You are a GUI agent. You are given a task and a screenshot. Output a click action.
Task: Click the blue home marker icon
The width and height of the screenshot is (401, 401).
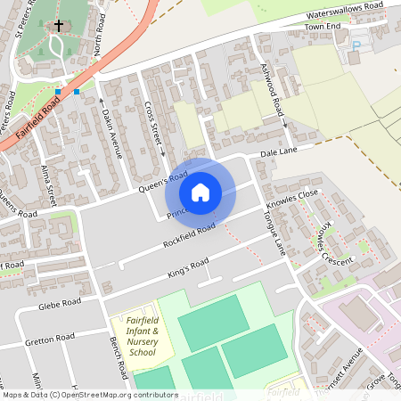[200, 192]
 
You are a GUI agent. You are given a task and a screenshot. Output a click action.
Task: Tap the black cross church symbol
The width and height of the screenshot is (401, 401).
[60, 27]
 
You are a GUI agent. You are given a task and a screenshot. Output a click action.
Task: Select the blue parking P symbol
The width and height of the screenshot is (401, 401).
[358, 45]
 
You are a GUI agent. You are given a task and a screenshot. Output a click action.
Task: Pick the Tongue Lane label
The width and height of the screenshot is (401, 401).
[273, 228]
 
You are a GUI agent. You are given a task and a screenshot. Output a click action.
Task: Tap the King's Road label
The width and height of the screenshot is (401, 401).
[188, 268]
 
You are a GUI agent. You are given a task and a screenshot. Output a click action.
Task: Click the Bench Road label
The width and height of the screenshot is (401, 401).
[117, 357]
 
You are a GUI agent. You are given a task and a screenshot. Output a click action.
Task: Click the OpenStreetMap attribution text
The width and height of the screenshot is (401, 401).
[89, 394]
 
